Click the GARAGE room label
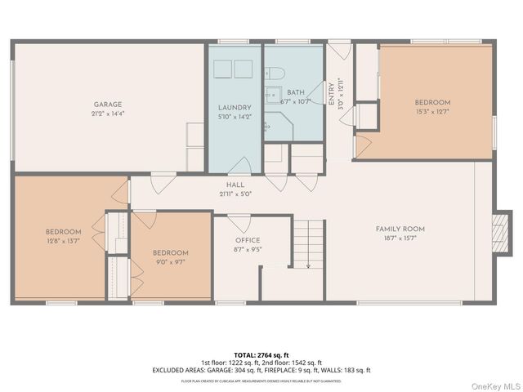pyautogui.click(x=107, y=105)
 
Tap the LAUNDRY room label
pyautogui.click(x=235, y=108)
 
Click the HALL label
pyautogui.click(x=235, y=185)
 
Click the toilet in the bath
pyautogui.click(x=275, y=71)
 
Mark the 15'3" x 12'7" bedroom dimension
pyautogui.click(x=432, y=111)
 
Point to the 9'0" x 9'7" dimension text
pyautogui.click(x=171, y=261)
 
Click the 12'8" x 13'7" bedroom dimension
pyautogui.click(x=63, y=240)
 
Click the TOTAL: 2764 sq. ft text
pyautogui.click(x=261, y=354)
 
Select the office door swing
pyautogui.click(x=239, y=222)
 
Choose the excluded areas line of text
pyautogui.click(x=261, y=370)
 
